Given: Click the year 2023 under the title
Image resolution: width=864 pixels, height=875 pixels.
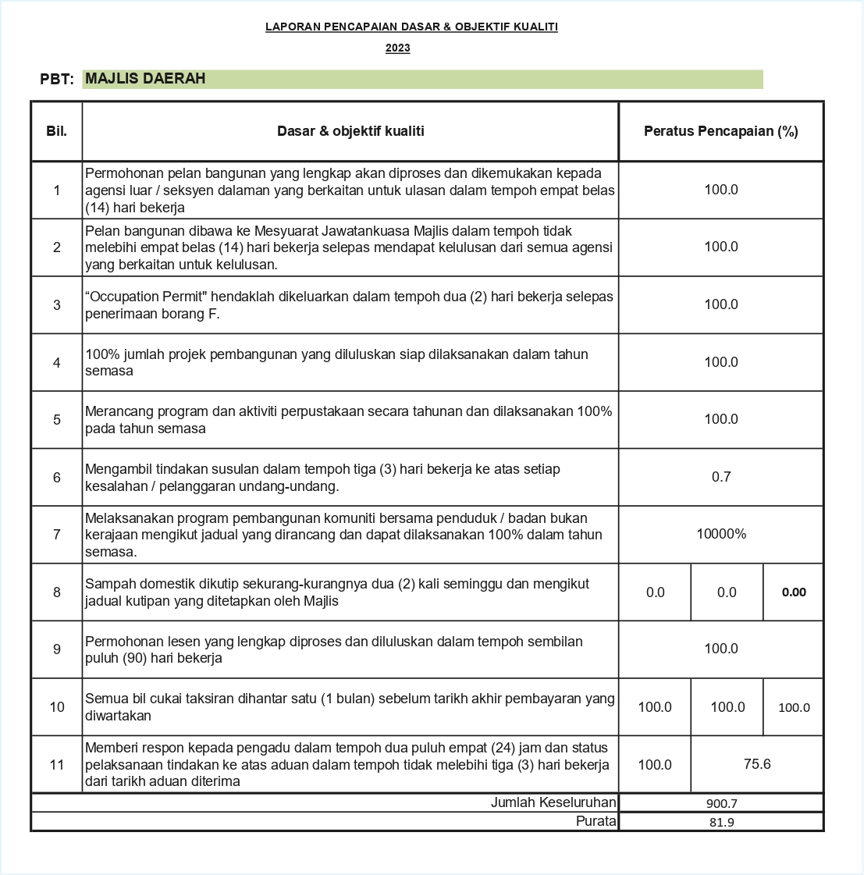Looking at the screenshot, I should tap(397, 48).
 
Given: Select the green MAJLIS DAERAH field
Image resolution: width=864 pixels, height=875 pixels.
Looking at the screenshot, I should tap(421, 79).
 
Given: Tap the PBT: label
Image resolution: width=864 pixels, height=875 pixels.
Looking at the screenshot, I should tap(57, 80).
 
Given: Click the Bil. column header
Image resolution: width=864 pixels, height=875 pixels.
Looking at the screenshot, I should tap(56, 131).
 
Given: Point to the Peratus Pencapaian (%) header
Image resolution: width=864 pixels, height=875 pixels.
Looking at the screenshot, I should tap(720, 131).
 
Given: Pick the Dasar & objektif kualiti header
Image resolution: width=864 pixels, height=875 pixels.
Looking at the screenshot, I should tap(350, 131).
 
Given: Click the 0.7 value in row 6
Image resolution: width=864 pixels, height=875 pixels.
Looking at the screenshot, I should tap(720, 477).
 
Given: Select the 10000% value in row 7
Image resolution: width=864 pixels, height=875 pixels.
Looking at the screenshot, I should tap(720, 534).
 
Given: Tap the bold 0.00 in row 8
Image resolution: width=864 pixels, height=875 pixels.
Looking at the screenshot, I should tap(793, 592).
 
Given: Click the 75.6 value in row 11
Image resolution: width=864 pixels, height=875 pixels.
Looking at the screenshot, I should tap(756, 764).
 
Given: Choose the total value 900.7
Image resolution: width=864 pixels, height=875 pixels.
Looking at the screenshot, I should tap(720, 803).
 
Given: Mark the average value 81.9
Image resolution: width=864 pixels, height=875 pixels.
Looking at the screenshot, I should tap(720, 822).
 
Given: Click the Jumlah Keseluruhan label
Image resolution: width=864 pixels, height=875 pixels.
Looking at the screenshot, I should tap(553, 802).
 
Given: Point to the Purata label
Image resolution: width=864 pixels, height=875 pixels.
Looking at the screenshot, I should tap(596, 821).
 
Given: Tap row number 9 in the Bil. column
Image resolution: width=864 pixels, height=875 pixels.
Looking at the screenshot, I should tap(56, 649).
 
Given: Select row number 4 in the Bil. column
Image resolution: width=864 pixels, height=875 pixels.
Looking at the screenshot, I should tap(56, 362).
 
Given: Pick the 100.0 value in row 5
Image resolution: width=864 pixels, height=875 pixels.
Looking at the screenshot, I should tap(720, 419).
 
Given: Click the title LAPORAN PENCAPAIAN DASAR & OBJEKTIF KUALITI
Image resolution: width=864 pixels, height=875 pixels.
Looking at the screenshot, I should tap(411, 27).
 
